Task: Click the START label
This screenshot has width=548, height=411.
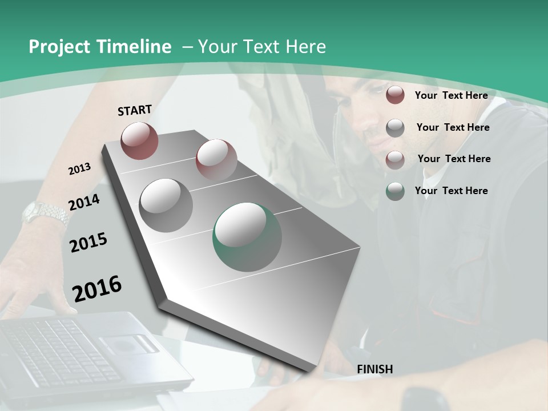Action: coord(135,110)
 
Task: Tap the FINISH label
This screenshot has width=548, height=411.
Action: coord(375,369)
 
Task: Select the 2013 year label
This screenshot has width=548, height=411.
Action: coord(80,168)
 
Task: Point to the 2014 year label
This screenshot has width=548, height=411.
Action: coord(84,202)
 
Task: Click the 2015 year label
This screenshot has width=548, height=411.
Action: coord(88,243)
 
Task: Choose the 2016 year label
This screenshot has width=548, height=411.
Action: coord(97,288)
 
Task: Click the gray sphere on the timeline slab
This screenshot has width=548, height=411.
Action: coord(166,205)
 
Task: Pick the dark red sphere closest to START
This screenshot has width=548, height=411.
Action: coord(140,140)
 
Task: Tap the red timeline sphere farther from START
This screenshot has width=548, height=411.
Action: coord(216,159)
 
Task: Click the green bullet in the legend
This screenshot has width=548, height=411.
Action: coord(395,191)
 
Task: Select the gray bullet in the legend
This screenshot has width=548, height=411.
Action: coord(395,128)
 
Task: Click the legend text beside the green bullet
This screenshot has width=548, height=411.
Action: coord(452,191)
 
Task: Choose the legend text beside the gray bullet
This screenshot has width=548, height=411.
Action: coord(453,127)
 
